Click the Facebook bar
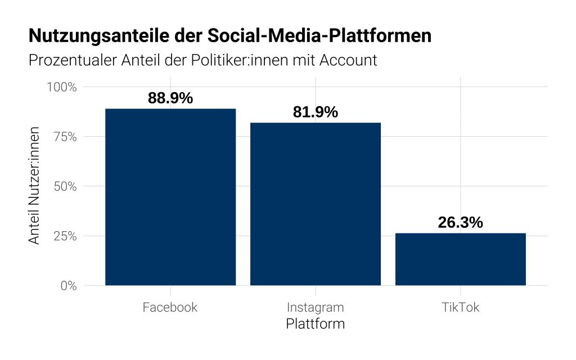click(x=170, y=197)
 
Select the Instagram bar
click(x=316, y=204)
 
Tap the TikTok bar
click(x=461, y=259)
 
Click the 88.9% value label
click(x=170, y=98)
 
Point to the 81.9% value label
click(x=316, y=112)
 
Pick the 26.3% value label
click(x=461, y=222)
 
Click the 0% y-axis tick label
click(x=69, y=285)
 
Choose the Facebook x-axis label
click(x=170, y=308)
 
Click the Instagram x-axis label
click(x=316, y=308)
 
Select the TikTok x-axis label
click(x=461, y=308)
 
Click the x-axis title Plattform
click(x=316, y=325)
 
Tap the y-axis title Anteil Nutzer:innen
click(x=35, y=186)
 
